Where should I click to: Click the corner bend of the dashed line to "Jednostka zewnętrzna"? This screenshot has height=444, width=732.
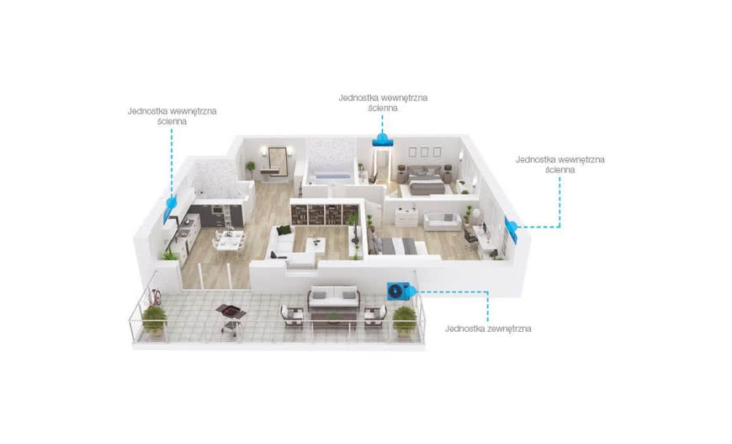[488, 292]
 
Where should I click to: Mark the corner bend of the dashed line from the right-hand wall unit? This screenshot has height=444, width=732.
[560, 227]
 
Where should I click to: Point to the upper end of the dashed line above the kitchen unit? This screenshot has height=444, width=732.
[172, 130]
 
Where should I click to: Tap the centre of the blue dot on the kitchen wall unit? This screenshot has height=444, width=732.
[172, 202]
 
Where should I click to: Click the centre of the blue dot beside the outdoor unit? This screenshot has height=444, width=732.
[411, 292]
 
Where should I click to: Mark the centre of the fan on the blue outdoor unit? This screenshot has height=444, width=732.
[395, 292]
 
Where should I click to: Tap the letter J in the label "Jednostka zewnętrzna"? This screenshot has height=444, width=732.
[447, 329]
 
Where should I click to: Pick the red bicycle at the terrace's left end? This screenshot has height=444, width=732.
[156, 295]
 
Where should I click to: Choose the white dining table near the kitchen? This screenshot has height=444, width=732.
[230, 240]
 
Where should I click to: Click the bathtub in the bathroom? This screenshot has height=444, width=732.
[332, 176]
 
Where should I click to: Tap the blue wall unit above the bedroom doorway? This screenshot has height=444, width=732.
[382, 142]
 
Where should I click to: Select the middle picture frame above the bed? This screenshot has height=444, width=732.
[424, 152]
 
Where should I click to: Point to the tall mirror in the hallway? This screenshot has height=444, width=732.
[278, 161]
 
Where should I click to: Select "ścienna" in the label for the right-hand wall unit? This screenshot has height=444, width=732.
[560, 169]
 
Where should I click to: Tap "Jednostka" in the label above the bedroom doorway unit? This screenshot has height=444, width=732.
[358, 98]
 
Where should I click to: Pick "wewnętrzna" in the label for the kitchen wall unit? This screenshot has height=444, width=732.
[194, 111]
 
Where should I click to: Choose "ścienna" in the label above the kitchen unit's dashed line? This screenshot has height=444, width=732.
[172, 121]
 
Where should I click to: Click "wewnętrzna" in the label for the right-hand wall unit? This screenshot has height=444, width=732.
[581, 159]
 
